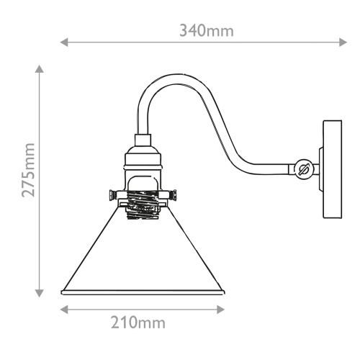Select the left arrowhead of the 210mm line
click(x=63, y=310)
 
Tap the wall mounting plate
click(x=332, y=170)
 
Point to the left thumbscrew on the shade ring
click(x=111, y=194)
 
